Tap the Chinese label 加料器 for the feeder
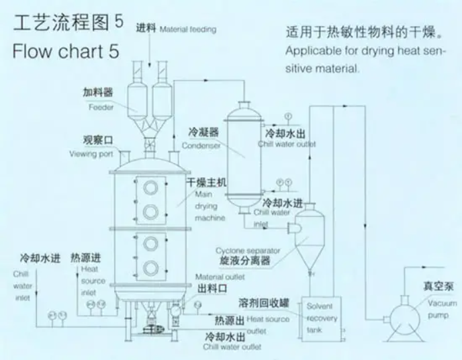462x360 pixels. coord(98,93)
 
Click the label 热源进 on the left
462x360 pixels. coord(87,258)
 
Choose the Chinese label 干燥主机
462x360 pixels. coord(210,181)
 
